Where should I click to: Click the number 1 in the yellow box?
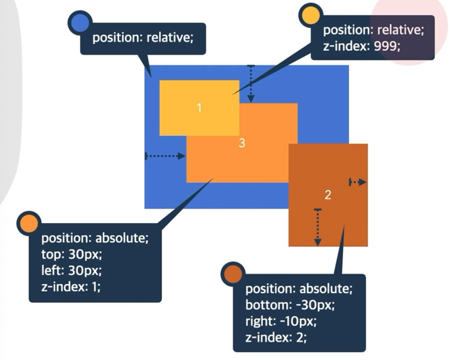click(199, 108)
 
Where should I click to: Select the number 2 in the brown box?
click(328, 194)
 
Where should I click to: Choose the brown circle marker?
click(233, 274)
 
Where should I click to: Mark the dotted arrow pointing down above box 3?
click(250, 83)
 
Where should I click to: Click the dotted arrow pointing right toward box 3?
click(165, 156)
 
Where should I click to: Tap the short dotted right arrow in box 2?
click(357, 182)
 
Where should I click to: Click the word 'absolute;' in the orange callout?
click(121, 238)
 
